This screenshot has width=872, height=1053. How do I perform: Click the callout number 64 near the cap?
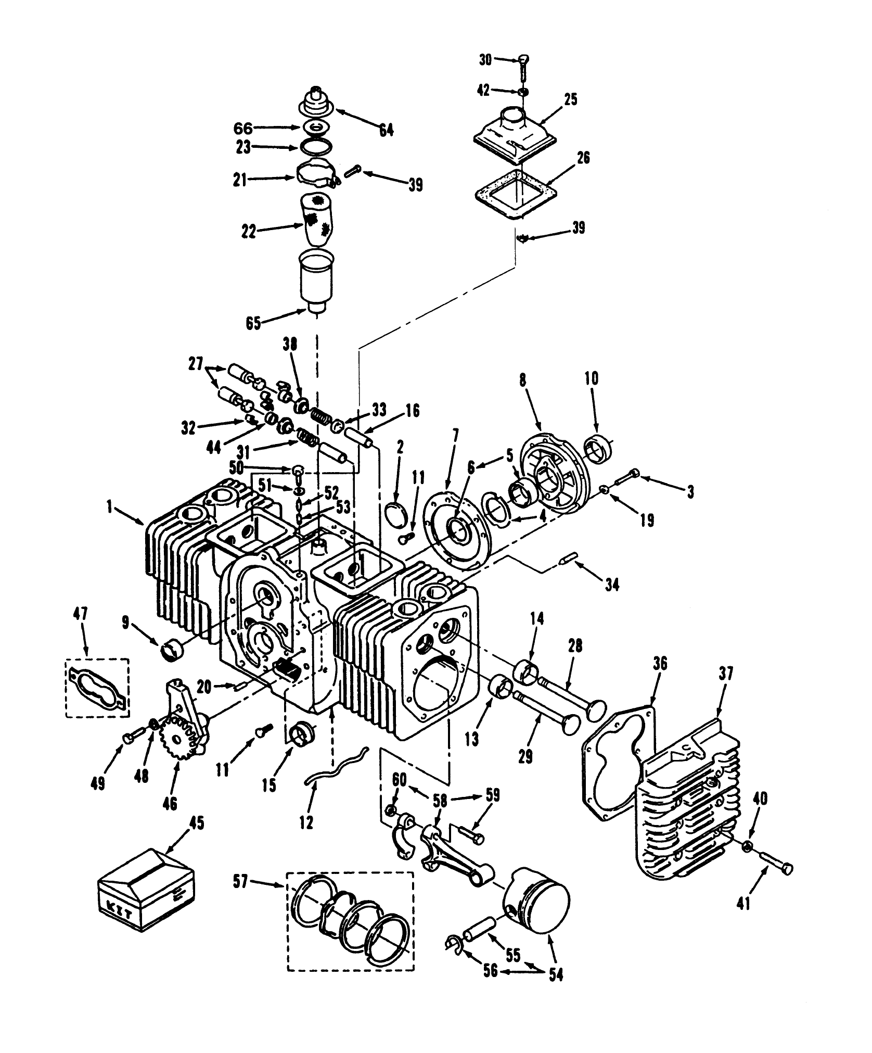tap(386, 130)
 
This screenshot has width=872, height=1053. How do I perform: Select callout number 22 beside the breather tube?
tap(249, 232)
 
